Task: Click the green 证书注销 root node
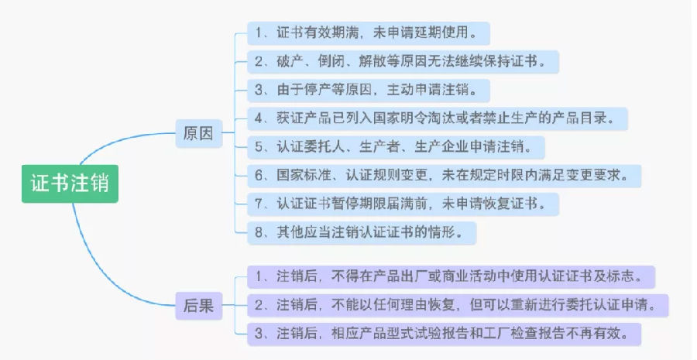[70, 183]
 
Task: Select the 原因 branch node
[199, 133]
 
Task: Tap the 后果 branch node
[199, 305]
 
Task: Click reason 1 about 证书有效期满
[369, 33]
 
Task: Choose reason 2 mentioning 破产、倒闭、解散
[403, 61]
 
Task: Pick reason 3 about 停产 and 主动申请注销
[369, 91]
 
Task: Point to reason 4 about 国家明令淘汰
[438, 118]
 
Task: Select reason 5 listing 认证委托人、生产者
[396, 147]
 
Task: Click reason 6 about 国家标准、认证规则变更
[444, 176]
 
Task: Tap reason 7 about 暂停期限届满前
[403, 204]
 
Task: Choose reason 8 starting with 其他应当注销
[362, 232]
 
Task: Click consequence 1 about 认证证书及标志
[452, 277]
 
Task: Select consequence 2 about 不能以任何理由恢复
[458, 305]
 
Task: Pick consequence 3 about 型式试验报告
[444, 334]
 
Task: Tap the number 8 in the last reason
[259, 233]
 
